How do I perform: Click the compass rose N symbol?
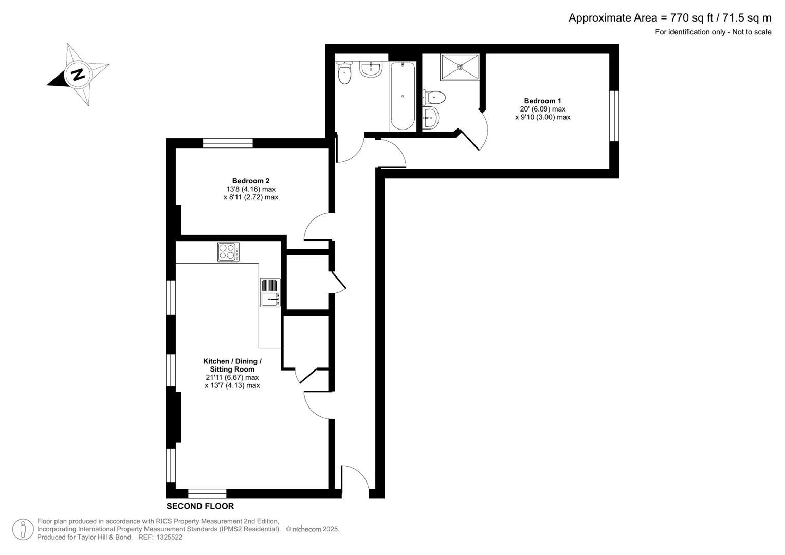tap(78, 75)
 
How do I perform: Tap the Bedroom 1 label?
tap(542, 101)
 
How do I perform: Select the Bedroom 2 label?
tap(250, 181)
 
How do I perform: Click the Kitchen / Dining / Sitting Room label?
tap(232, 365)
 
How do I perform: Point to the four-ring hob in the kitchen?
tap(228, 252)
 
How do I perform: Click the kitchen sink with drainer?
tap(270, 292)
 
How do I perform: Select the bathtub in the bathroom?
tap(402, 96)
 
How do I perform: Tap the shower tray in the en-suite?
tap(460, 67)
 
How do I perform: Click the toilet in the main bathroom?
tap(344, 73)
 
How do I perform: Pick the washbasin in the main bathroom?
tap(371, 69)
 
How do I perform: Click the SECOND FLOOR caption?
tap(200, 506)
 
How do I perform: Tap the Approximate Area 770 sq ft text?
tap(669, 18)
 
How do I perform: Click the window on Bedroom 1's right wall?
tap(613, 116)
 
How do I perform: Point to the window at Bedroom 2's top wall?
tap(228, 143)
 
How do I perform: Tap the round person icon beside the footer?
tap(23, 529)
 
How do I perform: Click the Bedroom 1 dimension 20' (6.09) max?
tap(542, 109)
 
